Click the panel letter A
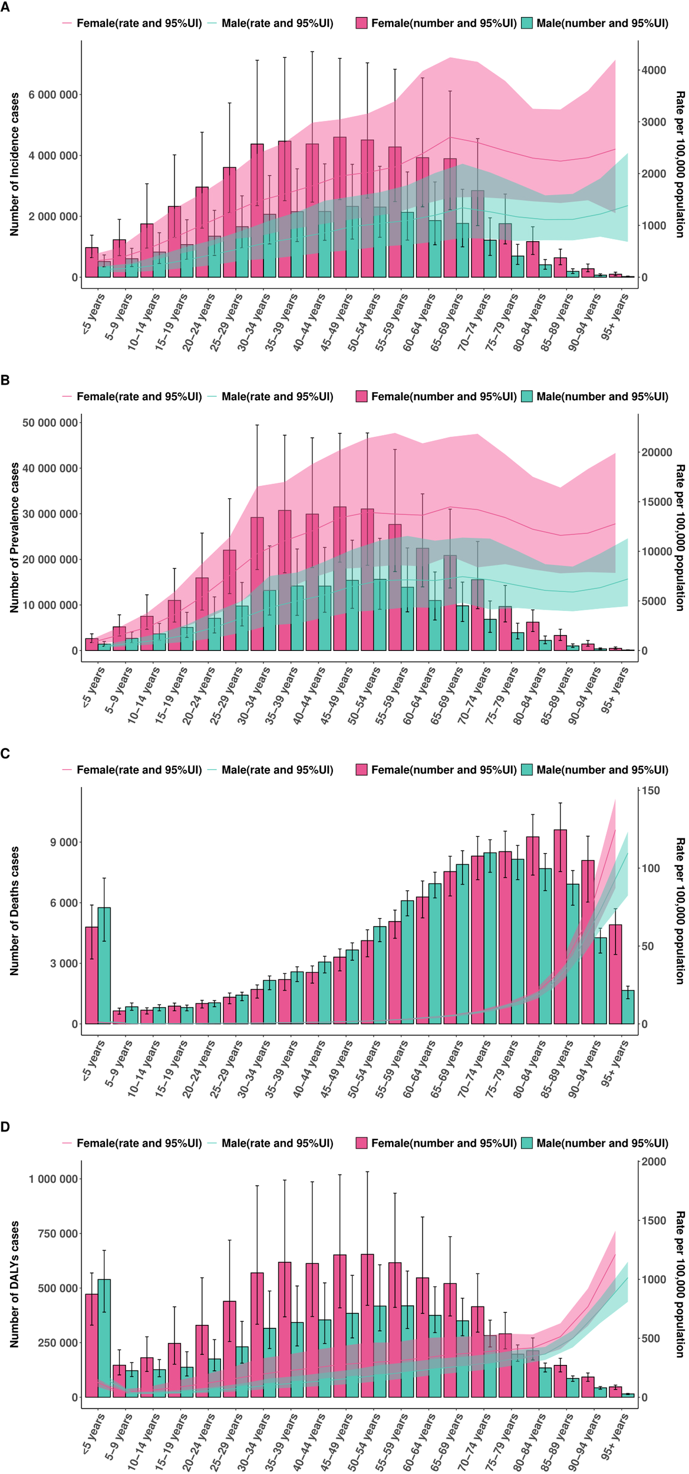[x=5, y=8]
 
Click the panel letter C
[x=5, y=754]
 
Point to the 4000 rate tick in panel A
[x=654, y=70]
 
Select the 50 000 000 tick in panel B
[x=50, y=423]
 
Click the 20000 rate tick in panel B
[x=656, y=452]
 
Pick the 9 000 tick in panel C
[x=64, y=842]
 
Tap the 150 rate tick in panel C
[x=651, y=790]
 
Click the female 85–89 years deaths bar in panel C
[x=560, y=926]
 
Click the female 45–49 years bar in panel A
[x=339, y=206]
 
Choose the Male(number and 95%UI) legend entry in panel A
[x=595, y=24]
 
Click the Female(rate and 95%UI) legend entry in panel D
[x=132, y=1143]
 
